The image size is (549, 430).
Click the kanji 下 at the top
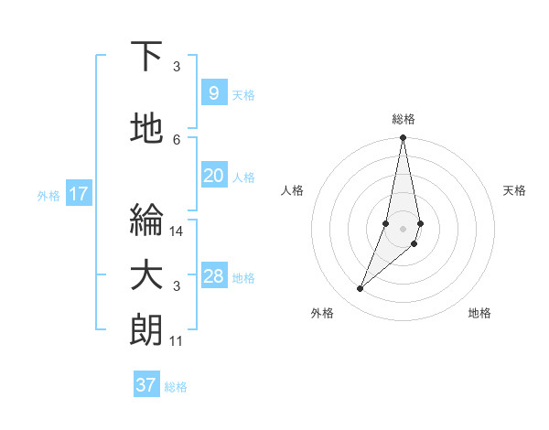click(147, 58)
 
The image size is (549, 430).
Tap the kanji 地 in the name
click(147, 129)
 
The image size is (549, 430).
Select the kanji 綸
click(147, 220)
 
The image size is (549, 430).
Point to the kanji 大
click(147, 277)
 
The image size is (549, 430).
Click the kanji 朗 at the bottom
click(147, 330)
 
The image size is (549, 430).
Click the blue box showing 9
click(213, 93)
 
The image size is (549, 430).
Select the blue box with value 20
click(213, 176)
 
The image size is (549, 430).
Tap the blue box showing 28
click(213, 276)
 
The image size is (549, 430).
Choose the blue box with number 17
click(79, 194)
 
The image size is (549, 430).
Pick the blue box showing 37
click(146, 385)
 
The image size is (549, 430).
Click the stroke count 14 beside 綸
click(177, 231)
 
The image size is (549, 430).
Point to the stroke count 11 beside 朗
click(177, 341)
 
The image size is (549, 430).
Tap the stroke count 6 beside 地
click(177, 139)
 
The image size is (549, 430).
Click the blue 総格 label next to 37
click(176, 387)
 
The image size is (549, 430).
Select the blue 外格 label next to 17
click(48, 195)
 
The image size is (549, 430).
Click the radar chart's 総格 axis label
click(403, 119)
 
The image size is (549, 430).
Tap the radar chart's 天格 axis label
click(515, 190)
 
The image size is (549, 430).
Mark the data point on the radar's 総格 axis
click(403, 138)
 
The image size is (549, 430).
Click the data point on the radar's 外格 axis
click(360, 289)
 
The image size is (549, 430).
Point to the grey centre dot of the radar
click(403, 229)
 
